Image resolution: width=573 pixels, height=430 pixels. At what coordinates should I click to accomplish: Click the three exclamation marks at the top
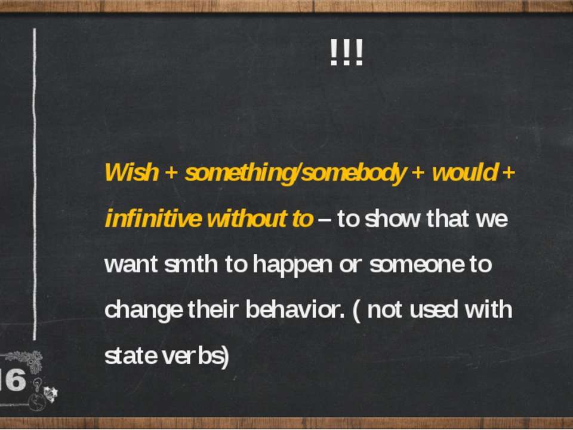coord(346,53)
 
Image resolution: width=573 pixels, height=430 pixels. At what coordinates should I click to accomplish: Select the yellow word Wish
coord(131,172)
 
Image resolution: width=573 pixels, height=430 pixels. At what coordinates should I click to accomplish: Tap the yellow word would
coord(464,172)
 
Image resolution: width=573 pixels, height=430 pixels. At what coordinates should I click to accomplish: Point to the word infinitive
coord(153,219)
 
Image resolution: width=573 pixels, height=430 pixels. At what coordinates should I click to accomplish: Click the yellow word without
coord(247,219)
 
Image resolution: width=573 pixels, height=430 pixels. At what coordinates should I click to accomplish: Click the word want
coord(131,265)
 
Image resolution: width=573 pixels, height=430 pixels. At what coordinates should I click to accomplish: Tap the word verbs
coord(193,355)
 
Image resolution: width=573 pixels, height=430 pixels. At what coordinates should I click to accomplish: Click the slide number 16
coord(13,380)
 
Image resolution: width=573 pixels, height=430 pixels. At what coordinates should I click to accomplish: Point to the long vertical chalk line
coord(35,184)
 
